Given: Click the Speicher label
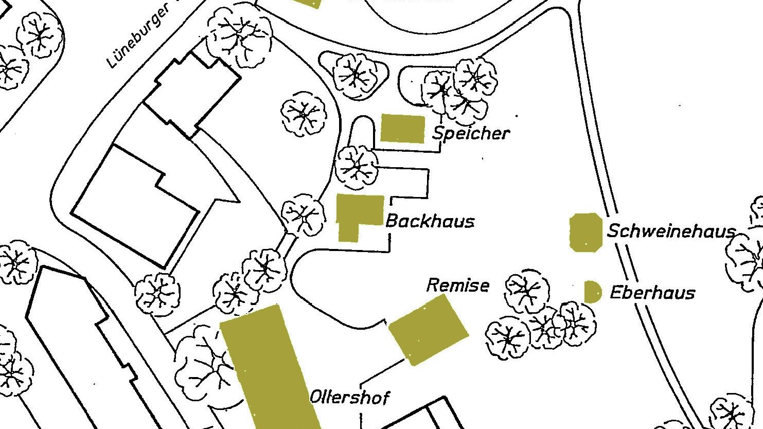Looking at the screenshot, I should click(471, 133).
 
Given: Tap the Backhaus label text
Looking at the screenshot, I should click(430, 221).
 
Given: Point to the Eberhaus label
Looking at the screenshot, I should click(652, 293).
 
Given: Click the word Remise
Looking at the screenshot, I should click(457, 285).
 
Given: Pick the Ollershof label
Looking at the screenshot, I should click(349, 397).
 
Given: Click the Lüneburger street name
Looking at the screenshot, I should click(138, 37).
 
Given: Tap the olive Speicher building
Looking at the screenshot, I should click(402, 128).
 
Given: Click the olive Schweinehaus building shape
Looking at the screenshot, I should click(585, 233).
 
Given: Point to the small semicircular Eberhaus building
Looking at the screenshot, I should click(592, 292).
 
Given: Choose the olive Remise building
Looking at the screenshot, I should click(428, 330).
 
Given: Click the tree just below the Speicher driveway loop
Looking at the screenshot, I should click(357, 167).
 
